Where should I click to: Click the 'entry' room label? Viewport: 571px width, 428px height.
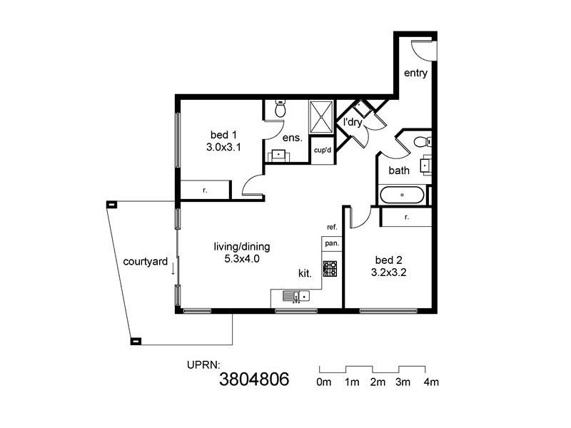(415, 73)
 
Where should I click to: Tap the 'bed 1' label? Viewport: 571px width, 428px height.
(223, 135)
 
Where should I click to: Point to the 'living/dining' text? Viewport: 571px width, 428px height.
(241, 247)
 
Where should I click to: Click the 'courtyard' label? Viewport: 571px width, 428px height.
(146, 261)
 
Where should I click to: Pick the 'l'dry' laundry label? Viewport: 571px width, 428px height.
(353, 122)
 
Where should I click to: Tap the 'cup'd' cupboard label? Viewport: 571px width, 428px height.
(323, 151)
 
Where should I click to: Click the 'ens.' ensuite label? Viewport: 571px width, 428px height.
(293, 138)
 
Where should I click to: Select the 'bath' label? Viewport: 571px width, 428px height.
(399, 170)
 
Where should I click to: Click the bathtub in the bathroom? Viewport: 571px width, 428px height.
(402, 195)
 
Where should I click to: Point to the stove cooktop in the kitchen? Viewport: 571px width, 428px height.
(330, 269)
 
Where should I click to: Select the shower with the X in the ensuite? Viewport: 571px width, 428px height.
(321, 116)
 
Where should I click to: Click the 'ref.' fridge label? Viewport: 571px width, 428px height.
(332, 228)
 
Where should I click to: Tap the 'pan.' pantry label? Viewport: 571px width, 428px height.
(332, 243)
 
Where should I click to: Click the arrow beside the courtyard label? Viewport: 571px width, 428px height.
(173, 267)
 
